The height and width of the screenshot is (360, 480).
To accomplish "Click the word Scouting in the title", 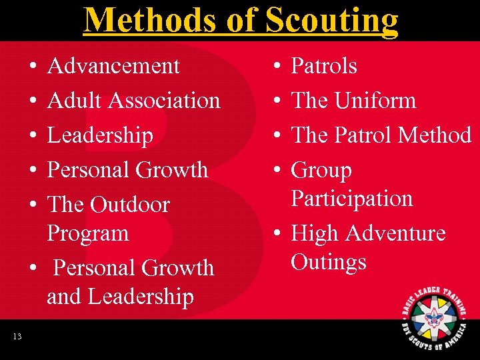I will click(331, 20).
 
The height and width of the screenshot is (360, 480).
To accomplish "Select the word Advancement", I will click(113, 66).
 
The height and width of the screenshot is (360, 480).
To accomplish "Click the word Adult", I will click(75, 101).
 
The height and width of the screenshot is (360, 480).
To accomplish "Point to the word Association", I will click(164, 101).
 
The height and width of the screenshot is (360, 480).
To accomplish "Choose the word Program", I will click(87, 233).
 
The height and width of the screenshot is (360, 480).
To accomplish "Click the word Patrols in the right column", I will click(324, 66).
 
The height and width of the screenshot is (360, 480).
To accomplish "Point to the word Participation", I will click(352, 199).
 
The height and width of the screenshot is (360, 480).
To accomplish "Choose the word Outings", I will click(329, 261).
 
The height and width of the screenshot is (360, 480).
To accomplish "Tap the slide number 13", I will click(17, 337).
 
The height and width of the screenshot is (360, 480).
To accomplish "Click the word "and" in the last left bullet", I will click(63, 296).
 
